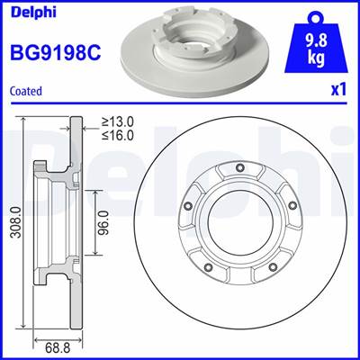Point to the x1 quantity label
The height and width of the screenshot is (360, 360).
coord(340,90)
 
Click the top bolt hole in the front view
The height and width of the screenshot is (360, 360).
coord(238,168)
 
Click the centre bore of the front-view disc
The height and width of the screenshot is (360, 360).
coord(238,224)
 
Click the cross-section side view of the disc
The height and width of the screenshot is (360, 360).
coord(56,224)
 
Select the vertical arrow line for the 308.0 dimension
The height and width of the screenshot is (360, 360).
coord(23,224)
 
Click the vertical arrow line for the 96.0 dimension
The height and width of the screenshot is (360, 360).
coord(95,224)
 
